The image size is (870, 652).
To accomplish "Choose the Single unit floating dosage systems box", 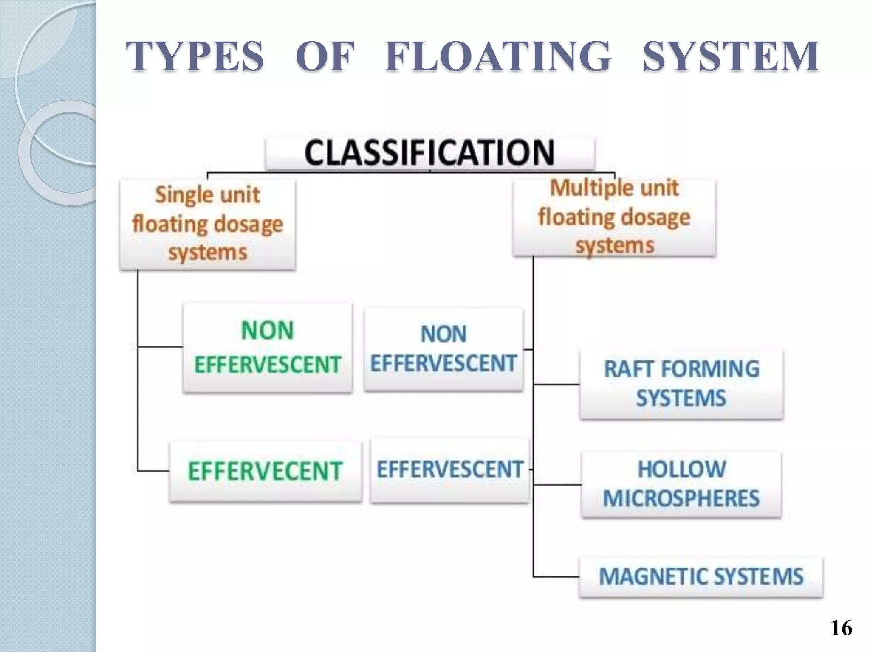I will [207, 224].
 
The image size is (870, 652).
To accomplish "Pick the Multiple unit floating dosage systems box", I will [614, 217].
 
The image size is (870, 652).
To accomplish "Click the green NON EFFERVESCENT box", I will [268, 347].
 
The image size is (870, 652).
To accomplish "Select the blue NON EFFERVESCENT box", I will [443, 349].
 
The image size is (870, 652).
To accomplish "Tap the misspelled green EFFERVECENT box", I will [266, 471].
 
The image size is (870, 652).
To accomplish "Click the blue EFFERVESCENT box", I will [449, 470].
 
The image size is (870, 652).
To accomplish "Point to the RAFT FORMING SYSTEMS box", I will [681, 384].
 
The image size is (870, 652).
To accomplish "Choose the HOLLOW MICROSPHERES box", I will [681, 484].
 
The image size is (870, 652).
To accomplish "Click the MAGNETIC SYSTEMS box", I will [701, 577].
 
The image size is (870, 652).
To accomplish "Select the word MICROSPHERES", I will [681, 499].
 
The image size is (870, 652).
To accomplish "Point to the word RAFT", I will [629, 369].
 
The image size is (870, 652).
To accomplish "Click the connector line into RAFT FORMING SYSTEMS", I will [556, 385].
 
